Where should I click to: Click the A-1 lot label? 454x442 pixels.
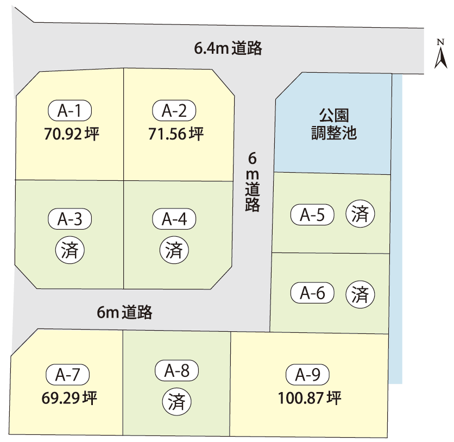[x=70, y=111]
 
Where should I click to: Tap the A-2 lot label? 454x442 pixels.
[x=174, y=111]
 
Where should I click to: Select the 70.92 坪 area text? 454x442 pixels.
[x=72, y=134]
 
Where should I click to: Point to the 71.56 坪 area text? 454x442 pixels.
[x=176, y=134]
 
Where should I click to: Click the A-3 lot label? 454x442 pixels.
[x=70, y=219]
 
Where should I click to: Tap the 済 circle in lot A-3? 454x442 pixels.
[x=70, y=250]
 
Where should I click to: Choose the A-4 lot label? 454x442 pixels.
[x=174, y=219]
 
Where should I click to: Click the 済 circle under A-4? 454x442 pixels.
[x=174, y=250]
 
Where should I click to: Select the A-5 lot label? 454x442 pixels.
[x=312, y=215]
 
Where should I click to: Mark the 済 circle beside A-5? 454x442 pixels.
[x=360, y=213]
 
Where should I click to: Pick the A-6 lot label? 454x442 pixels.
[x=312, y=293]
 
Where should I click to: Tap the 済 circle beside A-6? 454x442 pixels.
[x=360, y=294]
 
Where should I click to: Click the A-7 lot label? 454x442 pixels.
[x=68, y=375]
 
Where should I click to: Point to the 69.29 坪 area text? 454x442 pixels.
[x=69, y=398]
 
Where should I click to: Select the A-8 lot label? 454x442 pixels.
[x=176, y=370]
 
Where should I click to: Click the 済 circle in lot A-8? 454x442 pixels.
[x=176, y=402]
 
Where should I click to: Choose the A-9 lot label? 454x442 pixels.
[x=307, y=375]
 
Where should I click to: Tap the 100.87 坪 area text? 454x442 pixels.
[x=310, y=398]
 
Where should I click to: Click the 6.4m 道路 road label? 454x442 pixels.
[x=228, y=48]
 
